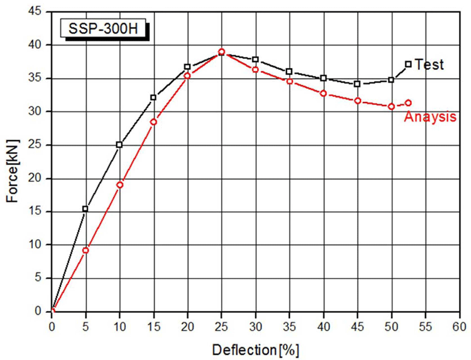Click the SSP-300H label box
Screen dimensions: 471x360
tap(103, 28)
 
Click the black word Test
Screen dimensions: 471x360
tap(429, 64)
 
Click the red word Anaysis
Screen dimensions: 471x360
tap(430, 117)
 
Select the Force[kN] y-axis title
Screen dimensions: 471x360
tap(13, 171)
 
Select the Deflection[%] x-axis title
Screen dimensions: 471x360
tap(256, 350)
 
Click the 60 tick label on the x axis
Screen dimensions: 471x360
tap(460, 326)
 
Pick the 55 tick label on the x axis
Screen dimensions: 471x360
tap(425, 326)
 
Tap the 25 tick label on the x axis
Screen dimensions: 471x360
tap(222, 326)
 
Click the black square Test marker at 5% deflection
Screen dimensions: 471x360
tap(85, 209)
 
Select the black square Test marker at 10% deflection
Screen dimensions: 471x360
tap(119, 145)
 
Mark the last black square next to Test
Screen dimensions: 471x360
tap(408, 64)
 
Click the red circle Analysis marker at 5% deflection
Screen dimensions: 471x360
tap(85, 250)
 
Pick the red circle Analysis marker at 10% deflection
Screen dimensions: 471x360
tap(120, 185)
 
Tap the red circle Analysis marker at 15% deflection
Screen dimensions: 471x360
tap(154, 122)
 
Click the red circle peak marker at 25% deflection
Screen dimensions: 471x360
tap(222, 52)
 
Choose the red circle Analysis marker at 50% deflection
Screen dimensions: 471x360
tap(391, 107)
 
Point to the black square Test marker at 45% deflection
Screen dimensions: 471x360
tap(357, 84)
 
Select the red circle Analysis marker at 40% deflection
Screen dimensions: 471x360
tap(323, 93)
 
